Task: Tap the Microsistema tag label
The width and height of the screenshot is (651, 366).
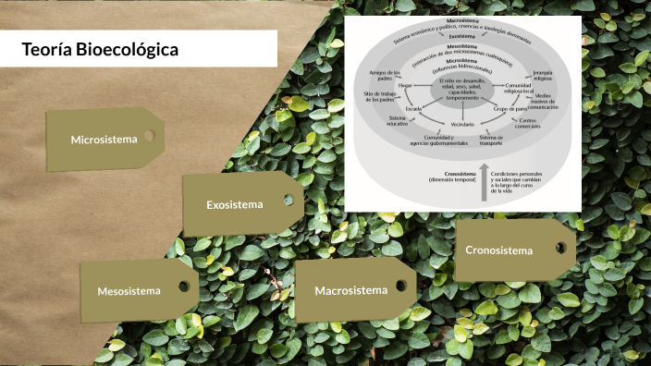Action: pos(104,140)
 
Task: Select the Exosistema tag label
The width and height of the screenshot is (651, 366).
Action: pos(234,204)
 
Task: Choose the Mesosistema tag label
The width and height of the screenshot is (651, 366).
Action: pos(129,291)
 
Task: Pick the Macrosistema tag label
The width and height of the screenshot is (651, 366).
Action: pos(350,291)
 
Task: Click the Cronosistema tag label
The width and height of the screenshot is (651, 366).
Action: pos(499,250)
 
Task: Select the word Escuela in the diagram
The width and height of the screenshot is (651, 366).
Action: pos(413,109)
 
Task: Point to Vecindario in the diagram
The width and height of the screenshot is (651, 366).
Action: pos(462,124)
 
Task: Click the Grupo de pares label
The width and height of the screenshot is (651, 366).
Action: pos(510,109)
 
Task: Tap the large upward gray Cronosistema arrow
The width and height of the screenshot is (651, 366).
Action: pos(483,180)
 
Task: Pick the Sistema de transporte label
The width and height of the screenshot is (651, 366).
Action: pos(491,140)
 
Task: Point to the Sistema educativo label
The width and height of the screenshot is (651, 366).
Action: pos(398,121)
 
